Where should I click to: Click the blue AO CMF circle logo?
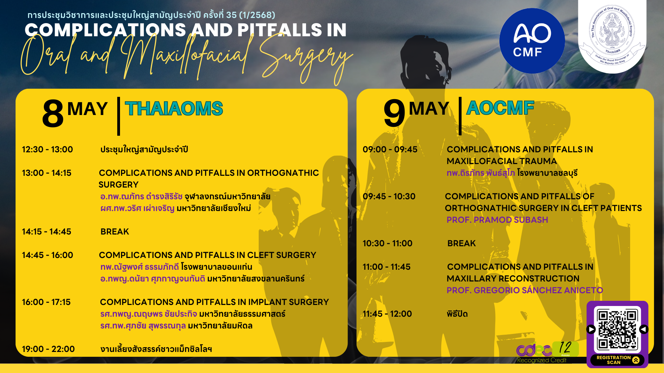point(532,41)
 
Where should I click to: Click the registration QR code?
point(617,329)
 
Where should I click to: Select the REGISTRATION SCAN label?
point(614,360)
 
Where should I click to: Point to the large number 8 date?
point(53,114)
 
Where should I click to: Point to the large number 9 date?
point(394,113)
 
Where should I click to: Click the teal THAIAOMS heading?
point(174,108)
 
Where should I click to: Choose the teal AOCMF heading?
point(500,108)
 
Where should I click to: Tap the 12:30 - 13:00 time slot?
point(47,150)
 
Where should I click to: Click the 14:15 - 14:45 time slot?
point(46,232)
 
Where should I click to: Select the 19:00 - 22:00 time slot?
point(48,349)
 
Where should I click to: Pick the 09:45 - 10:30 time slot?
point(389,197)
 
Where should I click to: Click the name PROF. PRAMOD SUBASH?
point(497,220)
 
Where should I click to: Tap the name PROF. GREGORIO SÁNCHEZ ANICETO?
point(525,290)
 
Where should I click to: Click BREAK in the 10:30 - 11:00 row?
point(461,243)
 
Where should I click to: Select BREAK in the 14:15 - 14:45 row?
point(114,232)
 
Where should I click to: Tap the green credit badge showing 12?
point(565,349)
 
